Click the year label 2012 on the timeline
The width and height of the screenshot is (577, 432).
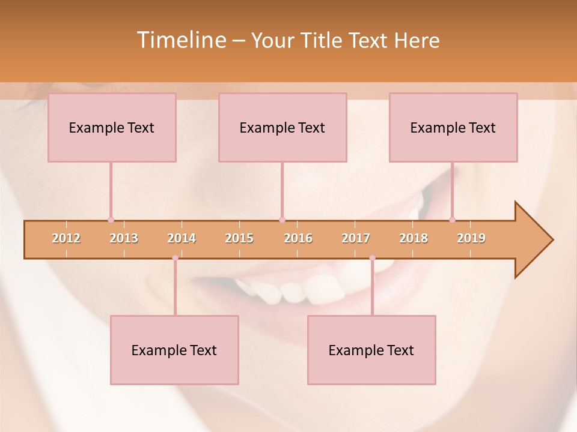tap(66, 239)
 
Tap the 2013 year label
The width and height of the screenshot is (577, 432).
tap(124, 239)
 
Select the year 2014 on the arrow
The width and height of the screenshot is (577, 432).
tap(182, 239)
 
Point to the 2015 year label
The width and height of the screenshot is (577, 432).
tap(239, 239)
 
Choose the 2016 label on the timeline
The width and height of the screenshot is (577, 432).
tap(298, 239)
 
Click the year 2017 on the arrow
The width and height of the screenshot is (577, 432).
tap(356, 239)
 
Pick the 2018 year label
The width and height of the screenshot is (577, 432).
tap(414, 239)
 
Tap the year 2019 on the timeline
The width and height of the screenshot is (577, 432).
tap(471, 239)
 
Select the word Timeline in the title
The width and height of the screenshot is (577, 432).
tap(181, 40)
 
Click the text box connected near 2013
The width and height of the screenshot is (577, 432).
tap(112, 127)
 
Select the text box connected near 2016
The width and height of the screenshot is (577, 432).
tap(282, 127)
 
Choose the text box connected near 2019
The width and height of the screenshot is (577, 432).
tap(453, 127)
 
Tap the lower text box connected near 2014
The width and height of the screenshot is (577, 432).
tap(174, 350)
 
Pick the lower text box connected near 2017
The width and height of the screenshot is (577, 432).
tap(371, 350)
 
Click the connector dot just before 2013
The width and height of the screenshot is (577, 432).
tap(111, 220)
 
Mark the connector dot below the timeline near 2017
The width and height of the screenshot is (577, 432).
tap(372, 258)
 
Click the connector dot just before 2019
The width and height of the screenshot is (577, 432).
tap(452, 220)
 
